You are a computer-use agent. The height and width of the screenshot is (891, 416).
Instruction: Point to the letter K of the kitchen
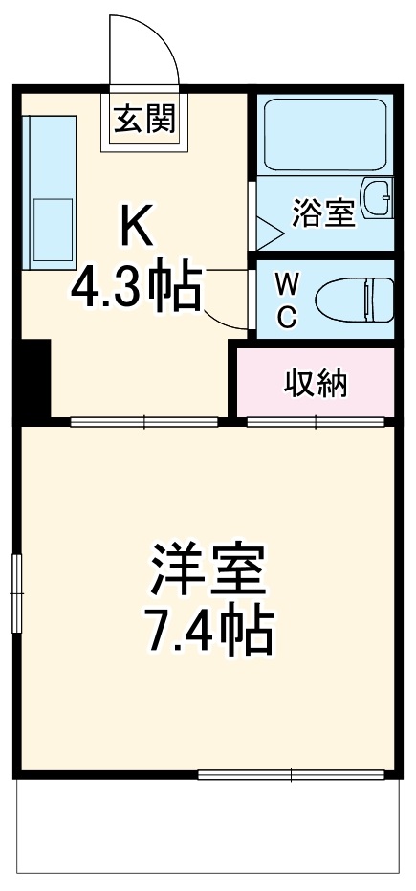(x=135, y=226)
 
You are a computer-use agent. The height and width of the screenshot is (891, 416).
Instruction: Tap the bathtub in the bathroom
(x=324, y=133)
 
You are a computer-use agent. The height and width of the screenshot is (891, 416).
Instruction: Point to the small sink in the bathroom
(x=382, y=197)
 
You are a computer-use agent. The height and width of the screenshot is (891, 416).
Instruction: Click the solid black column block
(x=34, y=378)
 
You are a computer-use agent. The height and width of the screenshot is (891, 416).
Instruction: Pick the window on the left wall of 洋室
(x=16, y=592)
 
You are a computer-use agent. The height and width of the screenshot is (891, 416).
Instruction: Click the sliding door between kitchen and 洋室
(x=143, y=420)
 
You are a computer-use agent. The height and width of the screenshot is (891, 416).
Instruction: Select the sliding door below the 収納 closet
(x=317, y=420)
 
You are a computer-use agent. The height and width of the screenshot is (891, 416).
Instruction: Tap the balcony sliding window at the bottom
(x=292, y=773)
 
